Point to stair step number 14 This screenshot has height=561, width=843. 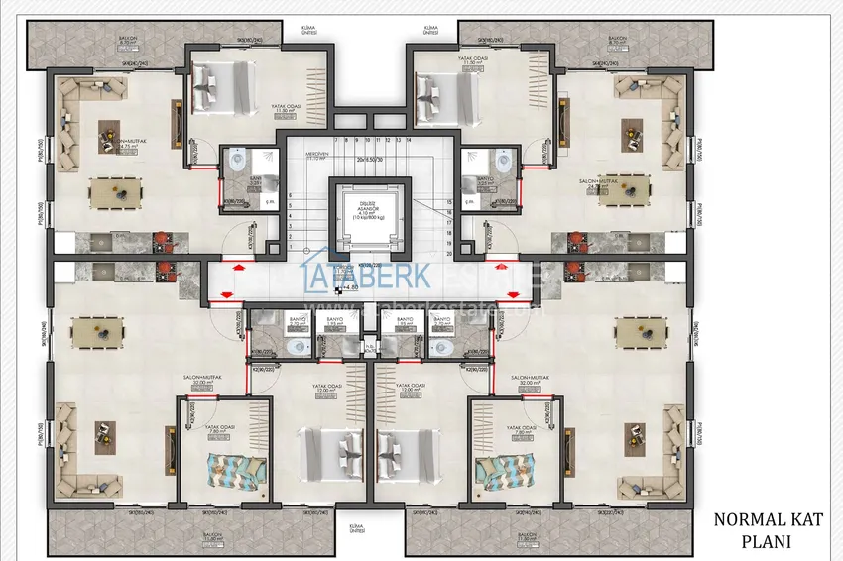[409, 141]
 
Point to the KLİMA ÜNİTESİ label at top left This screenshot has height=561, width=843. [294, 30]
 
